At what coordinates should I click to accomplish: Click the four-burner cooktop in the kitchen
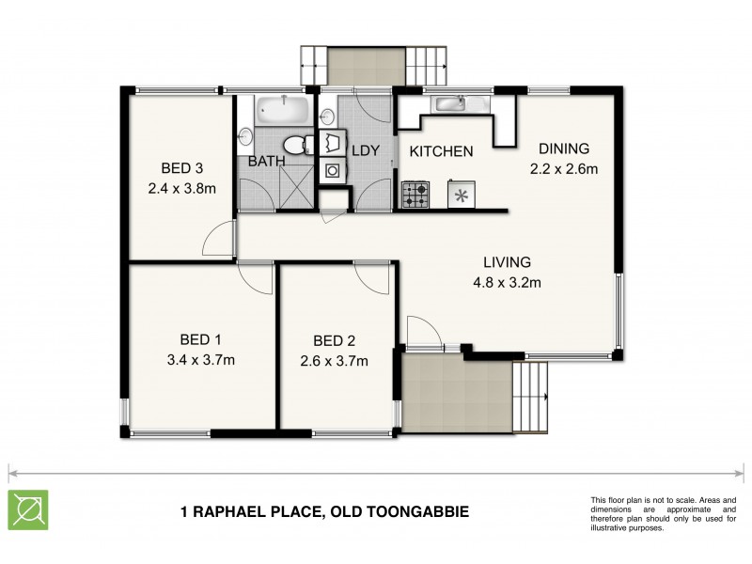(415, 195)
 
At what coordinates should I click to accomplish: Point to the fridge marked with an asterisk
(462, 196)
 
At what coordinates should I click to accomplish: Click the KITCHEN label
(441, 151)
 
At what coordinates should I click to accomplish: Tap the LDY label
(365, 150)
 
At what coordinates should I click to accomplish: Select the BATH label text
(266, 162)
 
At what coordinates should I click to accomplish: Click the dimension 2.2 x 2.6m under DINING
(563, 169)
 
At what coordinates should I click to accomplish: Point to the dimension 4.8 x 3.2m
(508, 282)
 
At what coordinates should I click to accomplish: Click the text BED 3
(182, 169)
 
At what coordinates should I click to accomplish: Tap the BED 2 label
(334, 340)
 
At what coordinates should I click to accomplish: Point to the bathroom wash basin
(245, 139)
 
